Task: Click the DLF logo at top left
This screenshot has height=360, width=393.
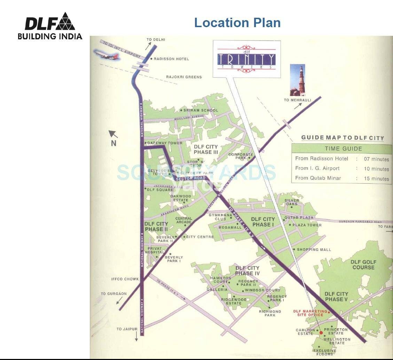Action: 50,26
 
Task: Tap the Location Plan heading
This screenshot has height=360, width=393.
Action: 237,23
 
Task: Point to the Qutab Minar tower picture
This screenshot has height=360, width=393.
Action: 298,80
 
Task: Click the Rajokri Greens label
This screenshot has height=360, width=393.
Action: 184,77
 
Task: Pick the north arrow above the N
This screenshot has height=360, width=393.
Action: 113,134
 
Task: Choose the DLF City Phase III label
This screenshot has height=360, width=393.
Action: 206,150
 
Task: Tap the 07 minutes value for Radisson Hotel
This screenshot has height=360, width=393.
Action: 376,159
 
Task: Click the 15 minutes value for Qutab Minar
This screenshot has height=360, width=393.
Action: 376,178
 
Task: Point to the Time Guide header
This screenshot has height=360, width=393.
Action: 343,149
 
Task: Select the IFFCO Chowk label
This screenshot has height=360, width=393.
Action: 125,279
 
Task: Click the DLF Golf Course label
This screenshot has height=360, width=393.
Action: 363,265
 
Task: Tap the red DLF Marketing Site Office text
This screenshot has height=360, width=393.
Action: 310,313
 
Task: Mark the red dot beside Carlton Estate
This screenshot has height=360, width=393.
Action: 321,333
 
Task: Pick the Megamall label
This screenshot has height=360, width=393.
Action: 230,227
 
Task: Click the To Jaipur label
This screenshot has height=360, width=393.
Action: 127,329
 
